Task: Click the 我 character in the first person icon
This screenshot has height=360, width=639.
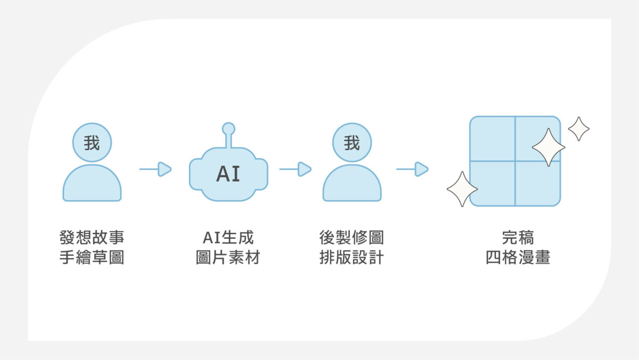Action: click(92, 143)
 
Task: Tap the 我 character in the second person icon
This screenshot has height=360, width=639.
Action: click(352, 143)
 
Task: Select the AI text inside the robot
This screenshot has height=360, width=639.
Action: click(228, 174)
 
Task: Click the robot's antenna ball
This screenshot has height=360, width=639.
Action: click(228, 129)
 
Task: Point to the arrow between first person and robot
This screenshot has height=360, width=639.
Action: click(155, 169)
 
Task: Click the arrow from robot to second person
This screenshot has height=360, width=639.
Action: click(295, 169)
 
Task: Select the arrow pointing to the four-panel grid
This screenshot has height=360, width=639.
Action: click(412, 169)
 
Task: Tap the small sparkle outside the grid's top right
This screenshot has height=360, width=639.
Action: click(579, 129)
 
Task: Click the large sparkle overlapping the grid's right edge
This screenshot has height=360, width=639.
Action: click(548, 147)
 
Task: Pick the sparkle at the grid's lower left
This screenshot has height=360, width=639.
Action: click(462, 189)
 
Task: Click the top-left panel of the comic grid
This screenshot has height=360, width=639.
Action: click(493, 139)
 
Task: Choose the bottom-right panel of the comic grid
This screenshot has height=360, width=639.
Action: click(538, 183)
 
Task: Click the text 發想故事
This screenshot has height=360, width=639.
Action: click(92, 238)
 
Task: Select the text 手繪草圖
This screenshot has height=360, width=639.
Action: click(92, 257)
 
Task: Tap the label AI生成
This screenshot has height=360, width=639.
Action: click(228, 238)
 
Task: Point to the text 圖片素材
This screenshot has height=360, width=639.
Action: click(228, 257)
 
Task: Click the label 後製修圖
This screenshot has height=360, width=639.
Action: click(352, 238)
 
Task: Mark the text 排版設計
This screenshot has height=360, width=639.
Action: click(352, 257)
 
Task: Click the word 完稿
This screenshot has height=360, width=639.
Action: click(518, 238)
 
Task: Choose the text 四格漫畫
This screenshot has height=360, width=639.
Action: click(518, 257)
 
